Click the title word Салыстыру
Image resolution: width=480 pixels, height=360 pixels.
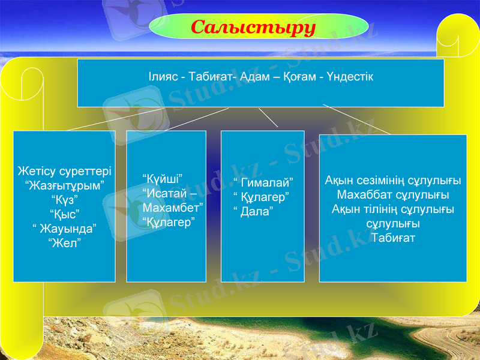(253, 27)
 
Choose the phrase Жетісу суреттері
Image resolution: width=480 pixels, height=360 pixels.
(64, 171)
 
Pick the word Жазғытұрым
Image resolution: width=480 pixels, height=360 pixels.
(64, 185)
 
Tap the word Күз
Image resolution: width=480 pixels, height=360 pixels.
(64, 199)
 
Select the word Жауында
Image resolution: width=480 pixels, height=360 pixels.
(66, 228)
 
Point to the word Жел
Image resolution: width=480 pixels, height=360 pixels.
(64, 242)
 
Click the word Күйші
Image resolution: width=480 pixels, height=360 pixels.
(163, 178)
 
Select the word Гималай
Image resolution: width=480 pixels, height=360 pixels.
(265, 182)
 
